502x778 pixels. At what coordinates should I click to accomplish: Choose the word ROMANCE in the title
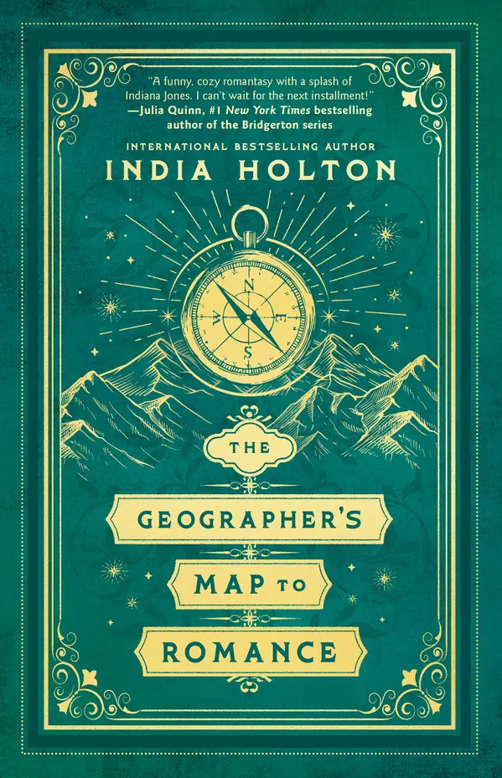[251, 649]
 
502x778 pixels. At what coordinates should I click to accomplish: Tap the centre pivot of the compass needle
[249, 318]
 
